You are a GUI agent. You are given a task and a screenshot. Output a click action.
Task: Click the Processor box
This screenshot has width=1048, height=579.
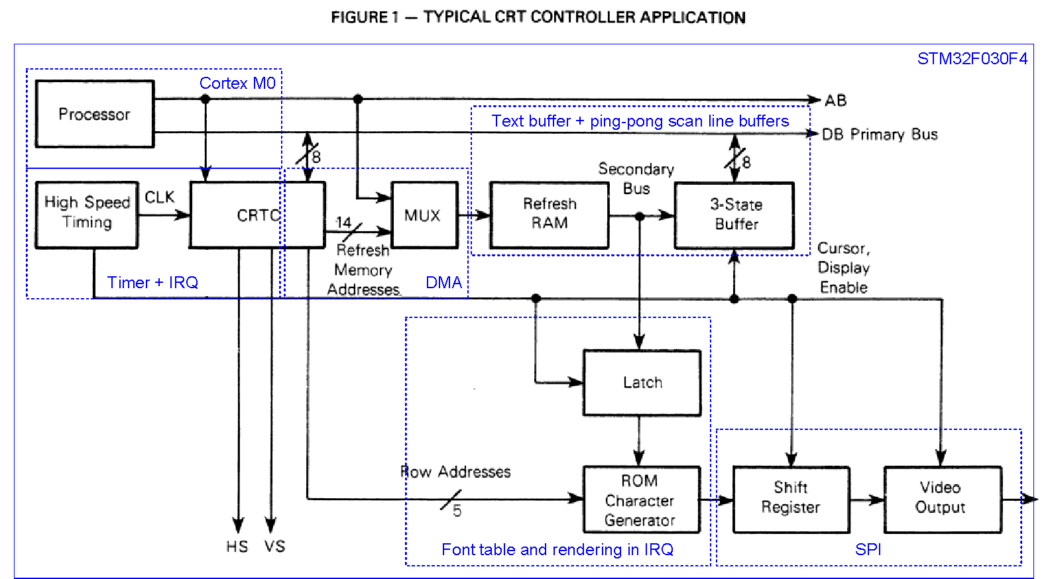95,114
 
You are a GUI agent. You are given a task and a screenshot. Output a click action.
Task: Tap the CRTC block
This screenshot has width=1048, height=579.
257,215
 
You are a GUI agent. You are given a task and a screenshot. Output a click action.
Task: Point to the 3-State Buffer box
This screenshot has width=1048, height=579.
734,215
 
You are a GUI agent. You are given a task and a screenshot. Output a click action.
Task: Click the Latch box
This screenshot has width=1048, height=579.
642,383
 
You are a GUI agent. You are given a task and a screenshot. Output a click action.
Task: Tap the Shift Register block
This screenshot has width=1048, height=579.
791,498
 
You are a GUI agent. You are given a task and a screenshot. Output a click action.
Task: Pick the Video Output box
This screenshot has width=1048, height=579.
942,498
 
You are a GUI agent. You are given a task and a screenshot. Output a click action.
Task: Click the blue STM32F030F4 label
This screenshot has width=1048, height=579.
972,59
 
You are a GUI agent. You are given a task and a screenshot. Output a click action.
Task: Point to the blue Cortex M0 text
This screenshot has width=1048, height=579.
237,83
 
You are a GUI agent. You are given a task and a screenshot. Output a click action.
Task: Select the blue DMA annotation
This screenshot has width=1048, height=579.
443,283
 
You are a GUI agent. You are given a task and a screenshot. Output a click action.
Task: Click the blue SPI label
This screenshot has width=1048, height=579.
868,549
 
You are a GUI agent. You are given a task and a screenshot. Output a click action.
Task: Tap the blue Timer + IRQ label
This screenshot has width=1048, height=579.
152,283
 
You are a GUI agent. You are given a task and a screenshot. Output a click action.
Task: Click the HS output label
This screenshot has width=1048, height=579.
237,547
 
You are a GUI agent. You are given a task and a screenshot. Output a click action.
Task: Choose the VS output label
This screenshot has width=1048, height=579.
274,547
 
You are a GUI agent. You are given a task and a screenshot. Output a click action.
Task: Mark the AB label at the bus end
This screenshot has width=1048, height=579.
835,101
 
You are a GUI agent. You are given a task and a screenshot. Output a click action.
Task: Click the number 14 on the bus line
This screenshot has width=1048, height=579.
343,223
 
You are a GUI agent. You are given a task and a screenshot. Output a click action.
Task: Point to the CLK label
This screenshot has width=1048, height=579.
159,197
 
